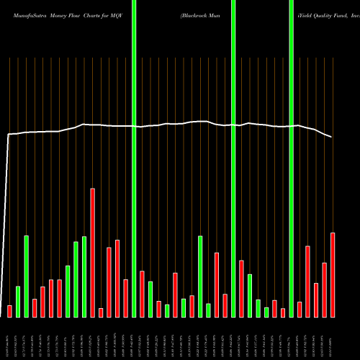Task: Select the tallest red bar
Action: tap(93, 252)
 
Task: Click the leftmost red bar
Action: tap(10, 311)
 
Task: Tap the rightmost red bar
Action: tap(333, 274)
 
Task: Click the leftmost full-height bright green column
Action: tap(134, 158)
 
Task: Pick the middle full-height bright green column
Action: tap(233, 158)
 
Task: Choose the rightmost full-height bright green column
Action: tap(291, 158)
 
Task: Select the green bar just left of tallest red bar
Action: tap(84, 276)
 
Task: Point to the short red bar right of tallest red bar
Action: tap(101, 312)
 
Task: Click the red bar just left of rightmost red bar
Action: tap(325, 289)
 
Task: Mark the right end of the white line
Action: tap(332, 137)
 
